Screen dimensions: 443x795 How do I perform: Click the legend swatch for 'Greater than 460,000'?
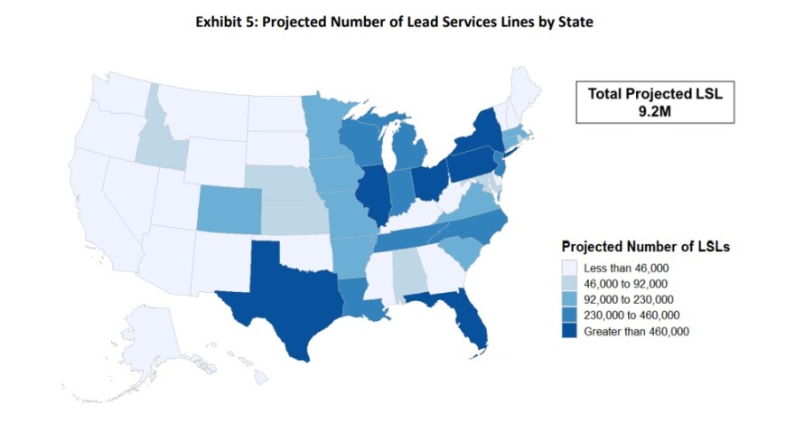[570, 332]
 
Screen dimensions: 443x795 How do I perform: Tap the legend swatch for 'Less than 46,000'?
[570, 268]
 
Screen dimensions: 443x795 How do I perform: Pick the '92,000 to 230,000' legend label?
[629, 299]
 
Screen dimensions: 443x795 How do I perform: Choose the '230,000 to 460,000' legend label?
[631, 316]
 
